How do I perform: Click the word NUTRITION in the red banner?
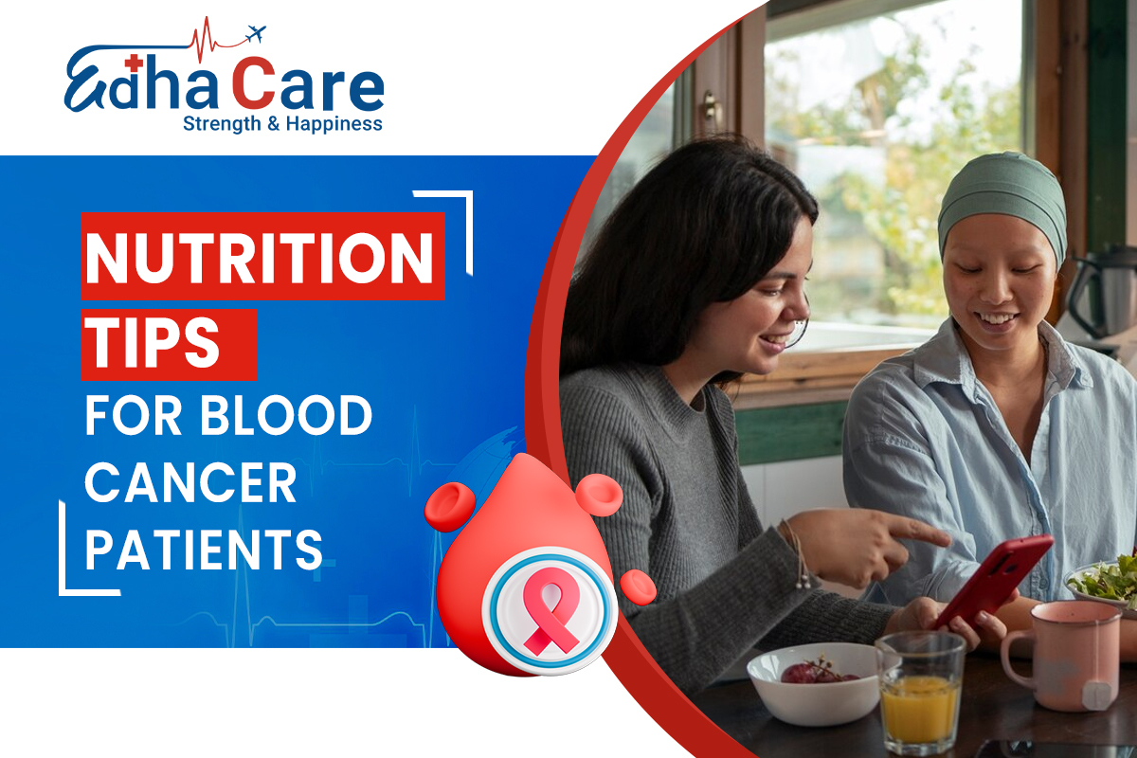(x=260, y=258)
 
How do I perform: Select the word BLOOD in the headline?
(x=287, y=415)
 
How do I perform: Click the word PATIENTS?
(x=204, y=550)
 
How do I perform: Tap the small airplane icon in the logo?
(x=255, y=33)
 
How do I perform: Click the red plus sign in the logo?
(x=134, y=63)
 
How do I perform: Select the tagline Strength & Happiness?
(x=282, y=124)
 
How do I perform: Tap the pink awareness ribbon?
(x=550, y=610)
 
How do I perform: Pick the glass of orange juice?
(x=920, y=693)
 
